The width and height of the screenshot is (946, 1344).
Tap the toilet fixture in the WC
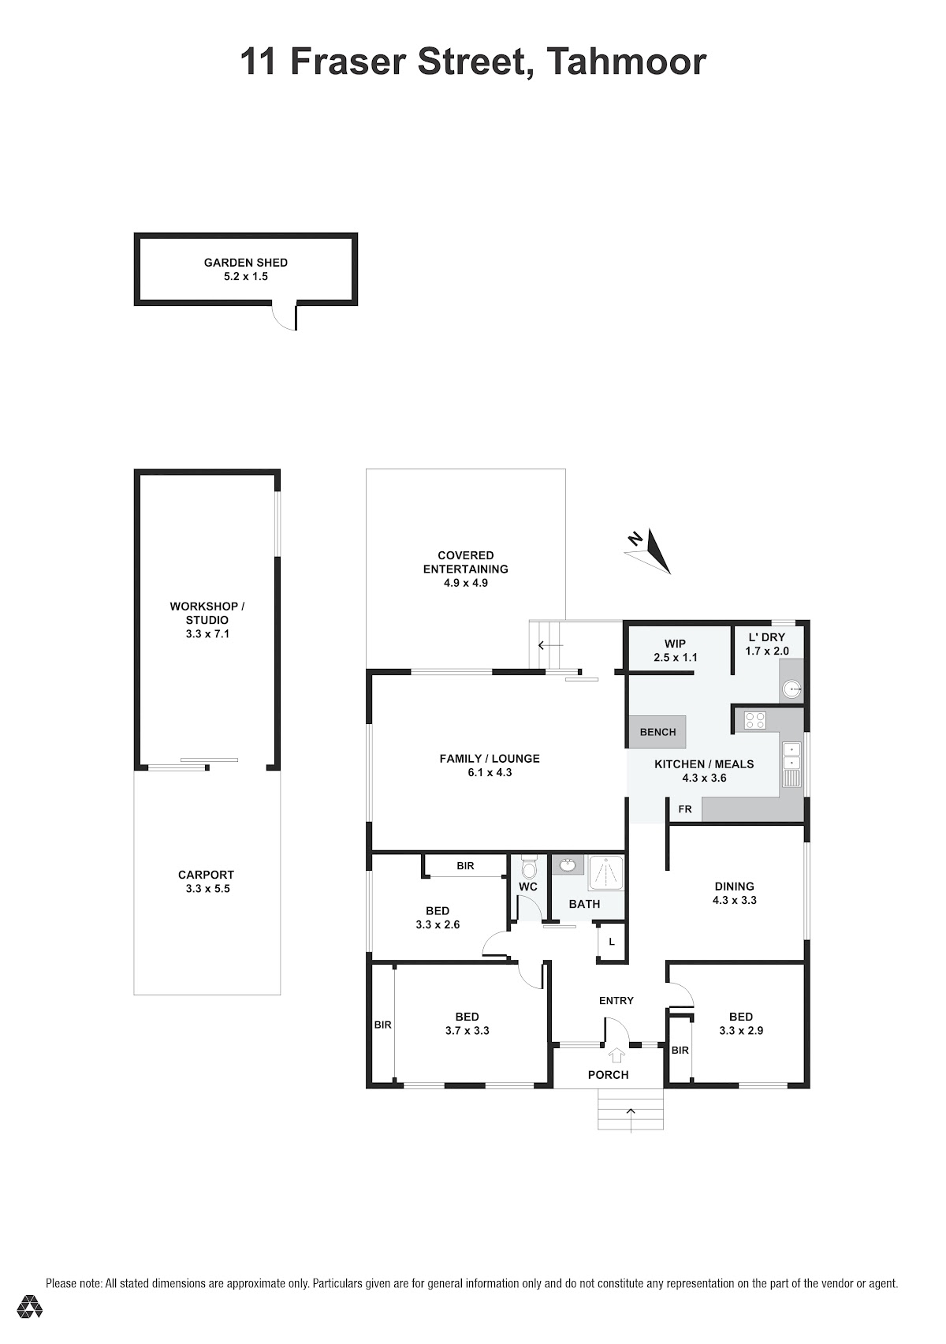(x=528, y=866)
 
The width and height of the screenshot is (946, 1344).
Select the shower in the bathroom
(x=606, y=872)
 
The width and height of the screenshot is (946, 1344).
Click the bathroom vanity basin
(x=567, y=864)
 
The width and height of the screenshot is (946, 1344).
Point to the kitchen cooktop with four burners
(x=754, y=720)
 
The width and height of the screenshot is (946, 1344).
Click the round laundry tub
(x=794, y=690)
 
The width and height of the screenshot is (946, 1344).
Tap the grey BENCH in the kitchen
(x=657, y=732)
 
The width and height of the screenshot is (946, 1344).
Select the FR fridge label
(x=684, y=809)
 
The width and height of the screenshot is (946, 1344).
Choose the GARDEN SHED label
(x=245, y=262)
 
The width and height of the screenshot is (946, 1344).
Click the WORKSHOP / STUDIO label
(x=207, y=613)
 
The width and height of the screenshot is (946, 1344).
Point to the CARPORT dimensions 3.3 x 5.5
(x=207, y=889)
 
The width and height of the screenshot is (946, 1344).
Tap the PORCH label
(x=609, y=1074)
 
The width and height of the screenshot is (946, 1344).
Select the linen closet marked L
(x=612, y=942)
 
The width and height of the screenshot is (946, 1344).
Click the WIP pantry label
(x=675, y=643)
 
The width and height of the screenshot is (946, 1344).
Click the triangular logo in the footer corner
(x=29, y=1307)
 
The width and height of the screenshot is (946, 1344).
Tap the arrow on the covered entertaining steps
(x=550, y=646)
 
